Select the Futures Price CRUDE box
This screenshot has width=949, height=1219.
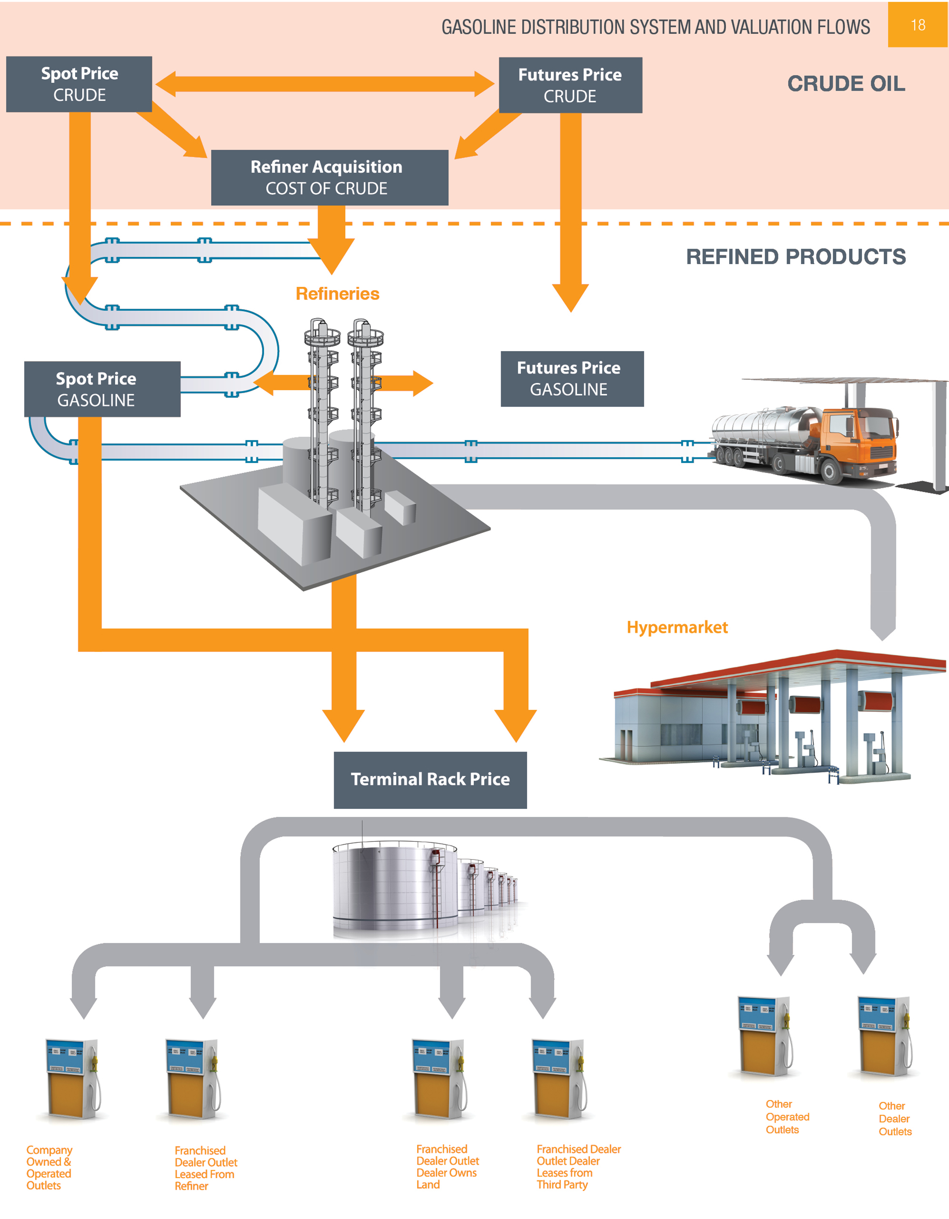[x=570, y=85]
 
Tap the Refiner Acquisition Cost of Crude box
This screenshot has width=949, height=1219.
[x=329, y=178]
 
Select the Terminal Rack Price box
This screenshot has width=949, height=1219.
[x=430, y=779]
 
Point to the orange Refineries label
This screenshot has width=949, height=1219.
[x=337, y=294]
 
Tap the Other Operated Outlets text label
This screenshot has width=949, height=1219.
[x=787, y=1117]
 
